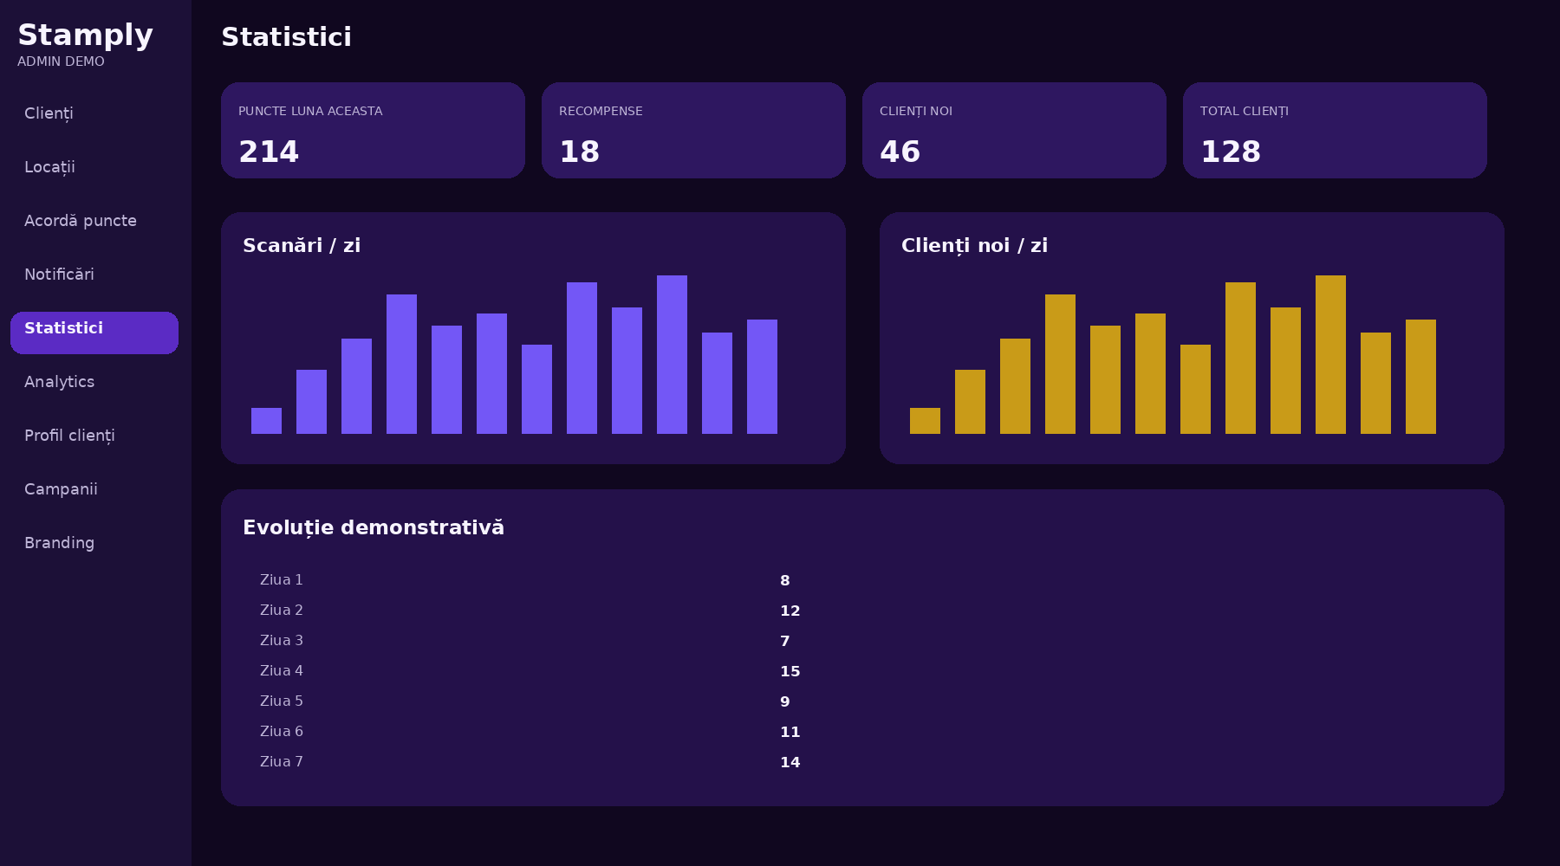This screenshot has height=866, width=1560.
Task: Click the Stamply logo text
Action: click(x=85, y=36)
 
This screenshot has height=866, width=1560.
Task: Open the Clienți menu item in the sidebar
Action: click(x=49, y=113)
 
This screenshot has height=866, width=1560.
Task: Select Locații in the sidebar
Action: click(x=49, y=167)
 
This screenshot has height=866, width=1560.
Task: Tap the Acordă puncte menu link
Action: click(x=81, y=221)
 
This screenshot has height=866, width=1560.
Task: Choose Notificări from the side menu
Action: click(x=59, y=275)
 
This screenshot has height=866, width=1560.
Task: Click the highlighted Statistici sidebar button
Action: click(x=94, y=333)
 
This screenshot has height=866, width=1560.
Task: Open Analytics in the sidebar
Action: click(x=59, y=382)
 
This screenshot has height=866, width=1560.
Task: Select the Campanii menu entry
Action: click(x=61, y=489)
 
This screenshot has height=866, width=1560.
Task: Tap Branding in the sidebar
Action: click(x=59, y=543)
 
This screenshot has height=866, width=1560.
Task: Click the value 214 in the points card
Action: click(x=269, y=152)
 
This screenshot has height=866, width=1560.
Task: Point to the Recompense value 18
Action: click(x=579, y=152)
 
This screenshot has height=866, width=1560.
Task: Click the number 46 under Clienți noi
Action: click(x=900, y=152)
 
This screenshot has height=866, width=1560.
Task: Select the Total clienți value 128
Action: click(x=1231, y=152)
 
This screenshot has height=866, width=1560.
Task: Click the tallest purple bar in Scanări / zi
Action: click(x=672, y=354)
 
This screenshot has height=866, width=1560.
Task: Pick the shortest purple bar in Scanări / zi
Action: click(x=266, y=421)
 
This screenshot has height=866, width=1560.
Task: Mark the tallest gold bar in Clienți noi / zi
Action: click(x=1330, y=354)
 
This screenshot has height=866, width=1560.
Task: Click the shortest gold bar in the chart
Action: click(x=925, y=421)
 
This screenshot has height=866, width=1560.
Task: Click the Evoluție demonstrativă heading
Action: click(x=374, y=527)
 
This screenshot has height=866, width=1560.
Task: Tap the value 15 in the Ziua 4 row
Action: click(x=790, y=671)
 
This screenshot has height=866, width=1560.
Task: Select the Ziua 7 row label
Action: click(x=282, y=762)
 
